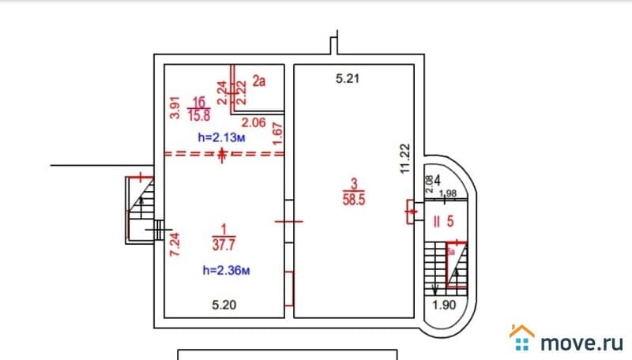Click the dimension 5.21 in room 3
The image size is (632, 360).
(348, 78)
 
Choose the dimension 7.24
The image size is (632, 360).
(176, 245)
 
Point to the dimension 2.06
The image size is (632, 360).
(253, 122)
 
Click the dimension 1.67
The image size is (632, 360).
(277, 135)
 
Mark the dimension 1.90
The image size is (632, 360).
(444, 306)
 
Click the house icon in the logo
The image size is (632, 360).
(521, 338)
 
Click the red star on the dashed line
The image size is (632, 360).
(224, 154)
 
